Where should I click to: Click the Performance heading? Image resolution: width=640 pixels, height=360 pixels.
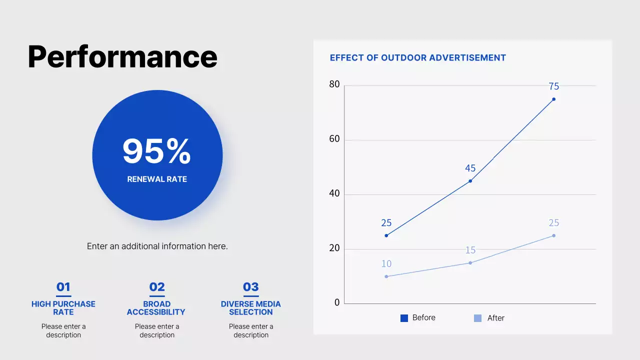122,56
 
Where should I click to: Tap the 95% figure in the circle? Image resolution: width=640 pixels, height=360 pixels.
156,151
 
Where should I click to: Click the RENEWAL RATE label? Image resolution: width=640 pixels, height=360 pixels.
157,179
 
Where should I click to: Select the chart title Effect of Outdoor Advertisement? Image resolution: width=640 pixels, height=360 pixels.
417,58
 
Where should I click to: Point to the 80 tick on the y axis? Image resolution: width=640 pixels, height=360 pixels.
334,84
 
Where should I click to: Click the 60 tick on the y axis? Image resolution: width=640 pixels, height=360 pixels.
334,139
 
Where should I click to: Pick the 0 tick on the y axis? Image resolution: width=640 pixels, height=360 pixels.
337,302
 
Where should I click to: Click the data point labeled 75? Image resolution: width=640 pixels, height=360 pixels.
553,99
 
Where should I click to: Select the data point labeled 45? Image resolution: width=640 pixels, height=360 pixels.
470,181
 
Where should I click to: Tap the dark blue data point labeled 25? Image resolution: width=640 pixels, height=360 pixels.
386,235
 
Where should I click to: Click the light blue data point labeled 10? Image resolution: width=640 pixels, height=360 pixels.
386,276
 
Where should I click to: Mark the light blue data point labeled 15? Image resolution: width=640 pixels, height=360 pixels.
470,263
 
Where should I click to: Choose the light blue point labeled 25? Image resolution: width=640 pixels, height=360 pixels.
553,235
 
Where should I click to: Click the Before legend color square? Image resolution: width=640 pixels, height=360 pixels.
404,318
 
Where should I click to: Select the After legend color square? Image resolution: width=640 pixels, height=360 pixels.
477,318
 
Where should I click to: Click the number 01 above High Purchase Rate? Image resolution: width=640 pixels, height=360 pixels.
63,287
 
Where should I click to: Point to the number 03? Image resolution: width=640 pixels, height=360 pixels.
250,287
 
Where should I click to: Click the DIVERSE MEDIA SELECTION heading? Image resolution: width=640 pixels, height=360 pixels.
250,308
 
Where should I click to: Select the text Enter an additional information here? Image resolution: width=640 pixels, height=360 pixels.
157,246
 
